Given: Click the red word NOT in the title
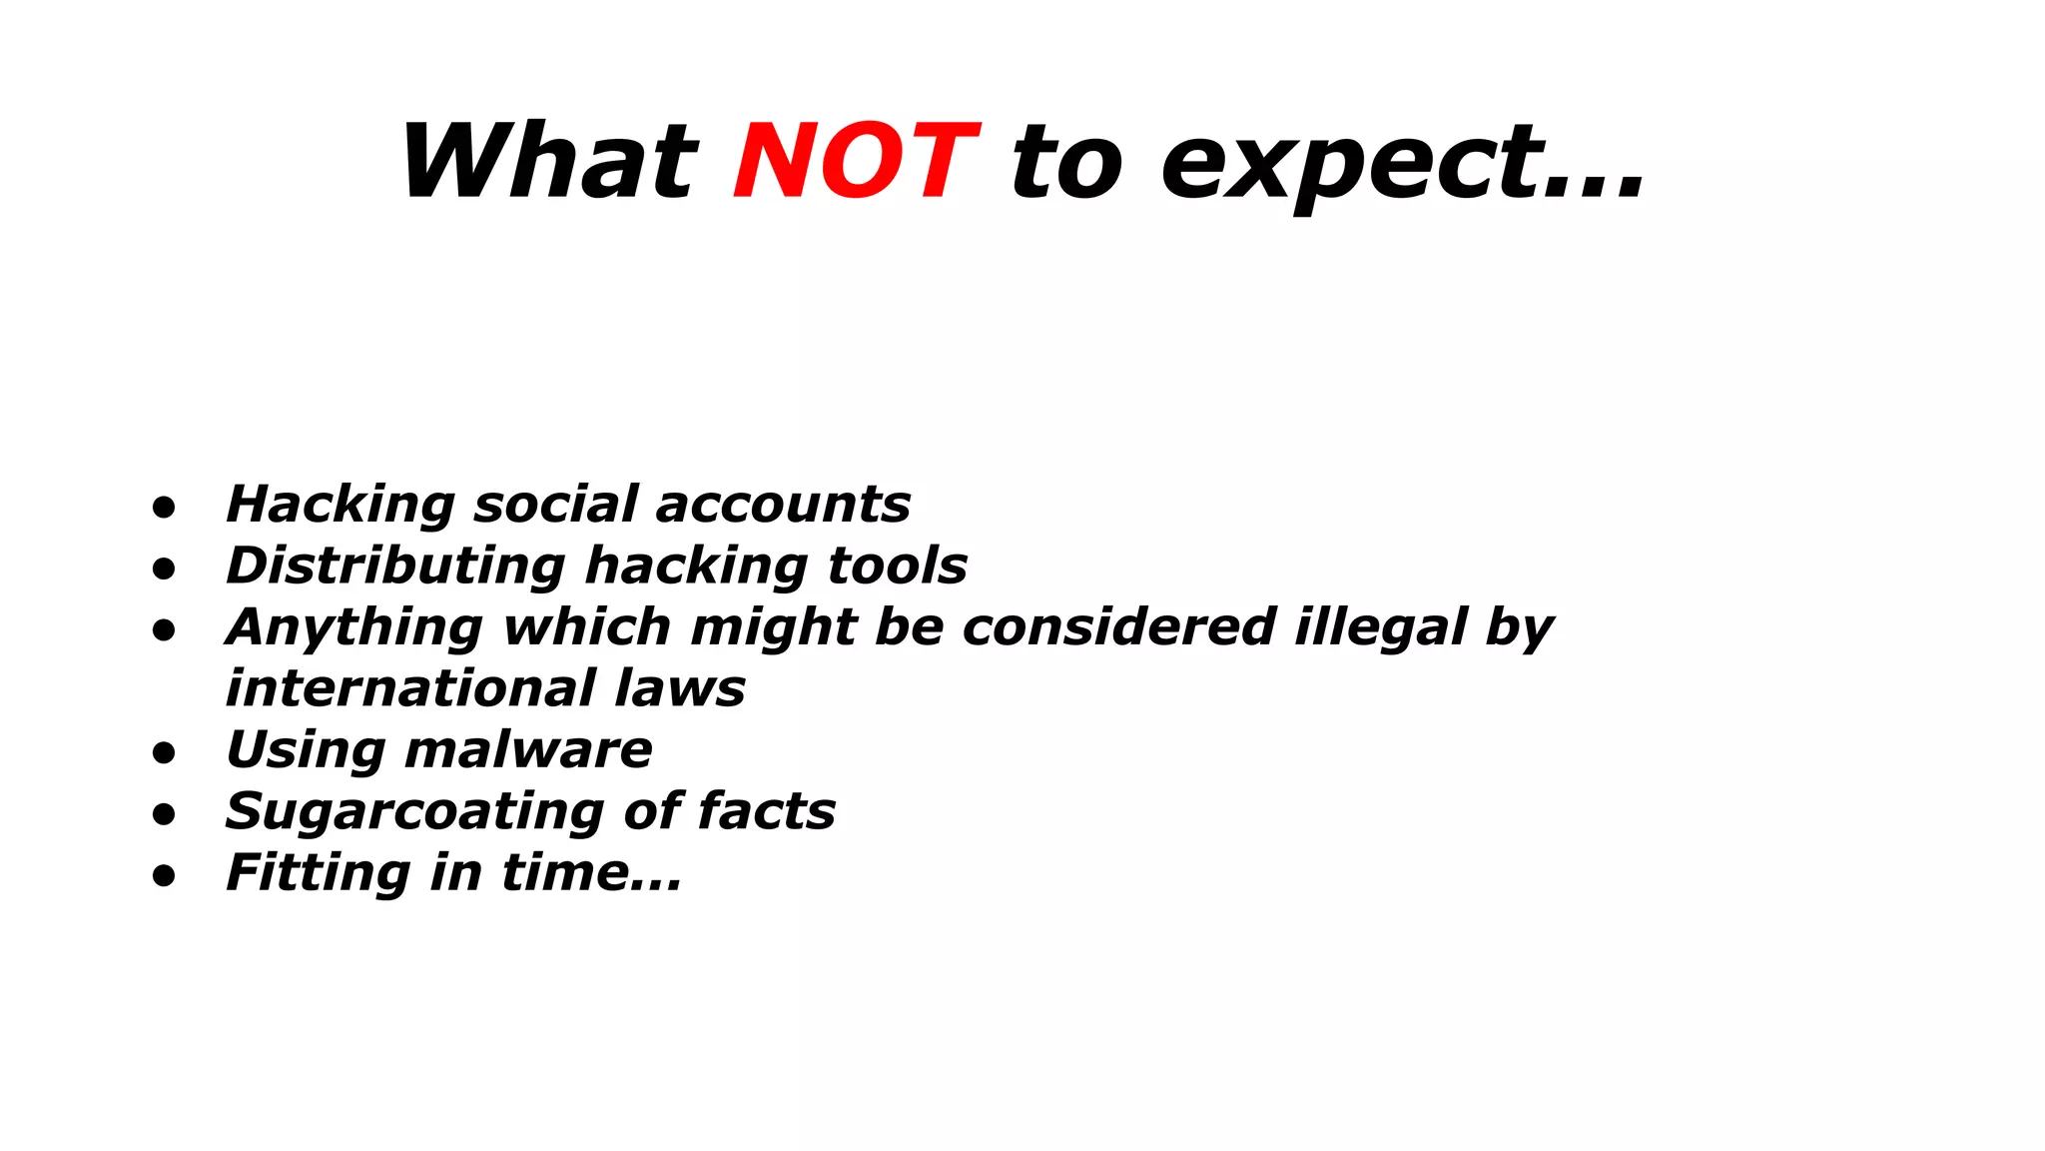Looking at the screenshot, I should point(856,162).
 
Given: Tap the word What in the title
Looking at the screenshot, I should point(548,162).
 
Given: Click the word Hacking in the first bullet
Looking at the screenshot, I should point(341,505).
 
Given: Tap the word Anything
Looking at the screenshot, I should point(354,628).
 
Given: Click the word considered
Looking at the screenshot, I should point(1119,627).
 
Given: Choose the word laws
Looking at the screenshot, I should point(680,688).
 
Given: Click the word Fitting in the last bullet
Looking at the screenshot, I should point(318,873).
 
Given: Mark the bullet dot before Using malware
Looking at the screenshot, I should point(164,753).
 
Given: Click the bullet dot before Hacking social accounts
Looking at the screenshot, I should point(164,508).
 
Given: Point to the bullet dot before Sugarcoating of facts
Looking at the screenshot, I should point(164,815).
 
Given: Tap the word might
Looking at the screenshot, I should point(773,628).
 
